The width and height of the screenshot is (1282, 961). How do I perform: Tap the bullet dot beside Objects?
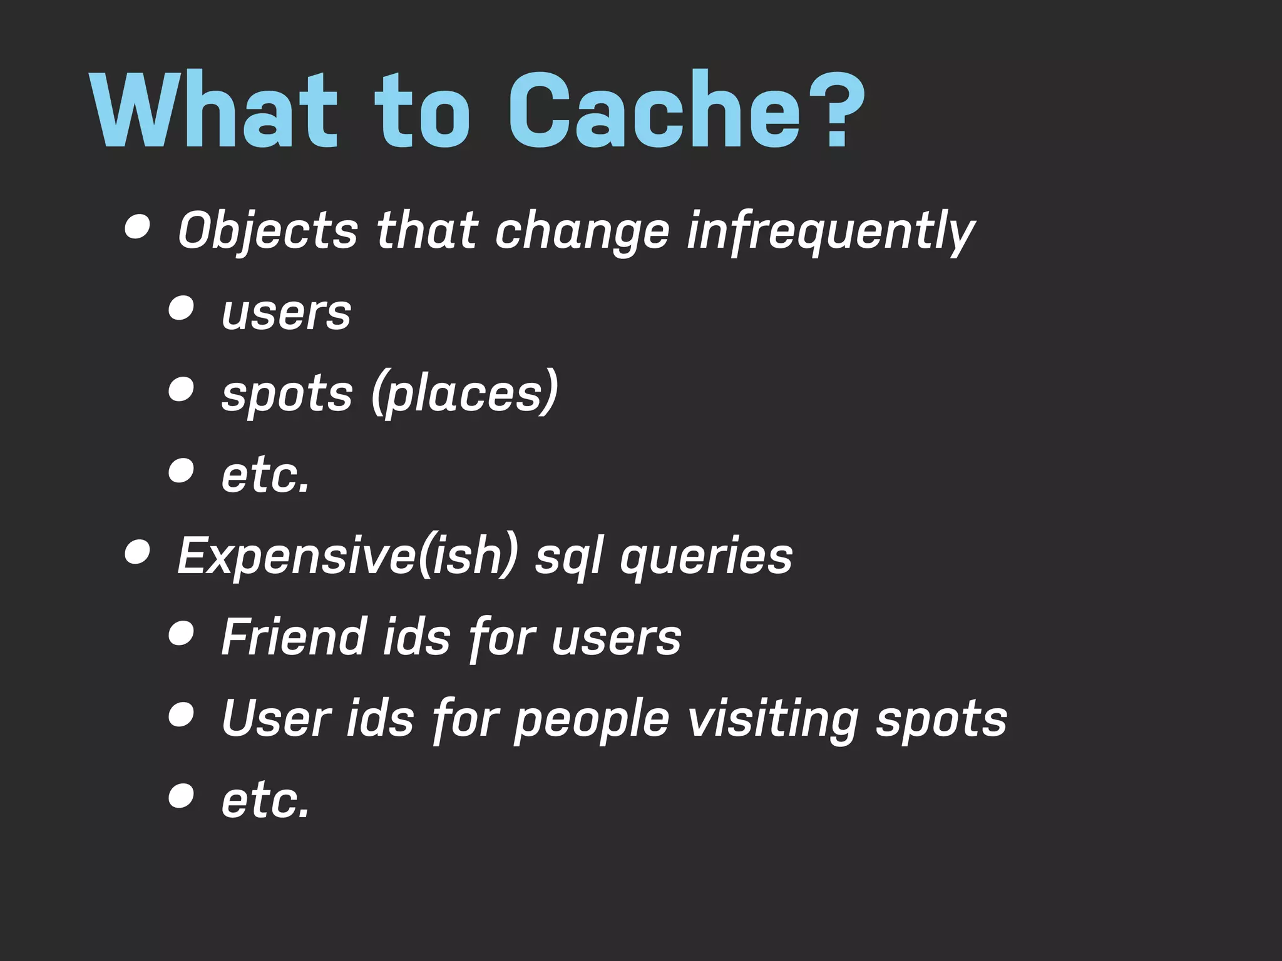(137, 227)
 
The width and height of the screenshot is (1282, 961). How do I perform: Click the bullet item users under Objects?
(286, 313)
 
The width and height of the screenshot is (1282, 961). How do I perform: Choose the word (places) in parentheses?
(464, 393)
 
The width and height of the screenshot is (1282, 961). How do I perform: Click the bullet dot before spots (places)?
(181, 389)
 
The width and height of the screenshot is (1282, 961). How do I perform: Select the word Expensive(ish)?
(348, 556)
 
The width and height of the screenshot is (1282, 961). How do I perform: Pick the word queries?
(706, 557)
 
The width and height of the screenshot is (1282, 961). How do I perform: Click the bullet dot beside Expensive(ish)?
(137, 552)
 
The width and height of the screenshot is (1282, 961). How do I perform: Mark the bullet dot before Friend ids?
(181, 633)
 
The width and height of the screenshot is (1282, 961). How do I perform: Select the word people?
(592, 719)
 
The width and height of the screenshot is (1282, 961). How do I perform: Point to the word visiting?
(772, 719)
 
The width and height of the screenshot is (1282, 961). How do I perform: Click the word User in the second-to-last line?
(276, 718)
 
